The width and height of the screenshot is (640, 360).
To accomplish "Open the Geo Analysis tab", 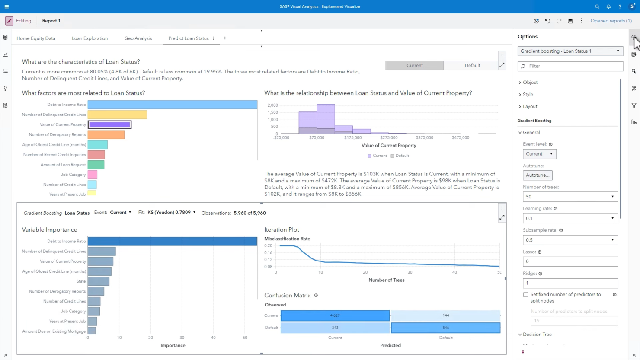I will tap(138, 38).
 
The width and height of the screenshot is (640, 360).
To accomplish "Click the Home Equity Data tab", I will tap(36, 38).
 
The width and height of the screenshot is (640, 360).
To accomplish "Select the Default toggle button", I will tap(472, 65).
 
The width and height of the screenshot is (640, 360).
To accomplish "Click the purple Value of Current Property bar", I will tap(109, 124).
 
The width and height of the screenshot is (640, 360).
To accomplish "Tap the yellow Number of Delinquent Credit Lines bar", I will tap(117, 115).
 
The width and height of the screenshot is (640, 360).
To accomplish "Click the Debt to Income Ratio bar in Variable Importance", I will tap(172, 241).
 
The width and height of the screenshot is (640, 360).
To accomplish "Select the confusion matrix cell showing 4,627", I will tap(335, 315).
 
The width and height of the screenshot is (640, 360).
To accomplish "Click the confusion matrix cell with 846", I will tap(445, 328).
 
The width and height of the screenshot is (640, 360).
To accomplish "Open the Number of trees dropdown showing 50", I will tap(570, 197).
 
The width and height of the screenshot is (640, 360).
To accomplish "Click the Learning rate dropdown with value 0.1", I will tap(570, 218).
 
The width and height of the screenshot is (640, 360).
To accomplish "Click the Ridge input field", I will tap(570, 283).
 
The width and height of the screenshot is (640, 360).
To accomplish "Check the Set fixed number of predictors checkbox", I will tap(526, 295).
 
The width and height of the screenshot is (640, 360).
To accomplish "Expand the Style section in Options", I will tap(528, 94).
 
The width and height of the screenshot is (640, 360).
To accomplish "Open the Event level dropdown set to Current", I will tap(539, 154).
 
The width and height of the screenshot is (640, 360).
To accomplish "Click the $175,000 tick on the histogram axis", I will tap(353, 137).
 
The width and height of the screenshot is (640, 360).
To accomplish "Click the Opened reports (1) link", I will tap(611, 21).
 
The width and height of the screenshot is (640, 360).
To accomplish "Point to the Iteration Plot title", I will tap(282, 229).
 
